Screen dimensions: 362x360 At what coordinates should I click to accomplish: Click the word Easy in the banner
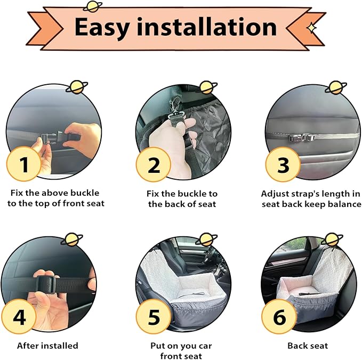[x=102, y=28]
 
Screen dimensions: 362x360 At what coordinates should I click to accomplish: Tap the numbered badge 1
[x=24, y=164]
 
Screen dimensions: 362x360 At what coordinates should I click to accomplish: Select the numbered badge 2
[x=154, y=165]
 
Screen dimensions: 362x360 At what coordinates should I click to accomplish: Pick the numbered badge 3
[x=283, y=165]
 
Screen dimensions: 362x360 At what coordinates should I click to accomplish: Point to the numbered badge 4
[x=19, y=317]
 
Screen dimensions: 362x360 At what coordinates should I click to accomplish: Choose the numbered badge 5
[x=154, y=317]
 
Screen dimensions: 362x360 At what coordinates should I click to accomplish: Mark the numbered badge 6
[x=279, y=317]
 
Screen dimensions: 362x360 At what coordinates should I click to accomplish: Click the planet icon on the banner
[x=92, y=6]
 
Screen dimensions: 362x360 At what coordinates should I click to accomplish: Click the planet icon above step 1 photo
[x=77, y=87]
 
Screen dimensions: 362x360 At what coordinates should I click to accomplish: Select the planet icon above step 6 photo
[x=334, y=239]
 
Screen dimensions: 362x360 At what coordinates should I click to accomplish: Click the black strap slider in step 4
[x=46, y=284]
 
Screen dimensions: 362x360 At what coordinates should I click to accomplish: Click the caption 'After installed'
[x=47, y=346]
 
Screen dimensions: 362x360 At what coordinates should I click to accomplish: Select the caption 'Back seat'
[x=308, y=346]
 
